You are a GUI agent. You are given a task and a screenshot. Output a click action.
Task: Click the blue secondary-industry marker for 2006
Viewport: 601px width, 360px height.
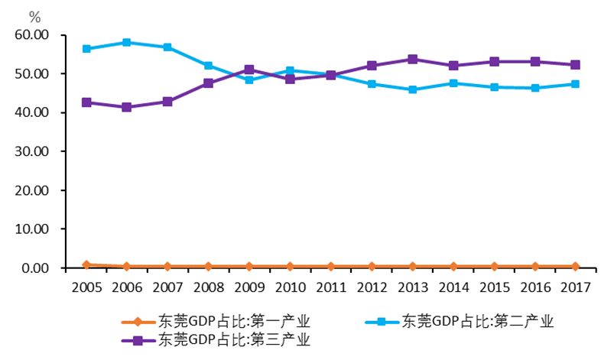[126, 43]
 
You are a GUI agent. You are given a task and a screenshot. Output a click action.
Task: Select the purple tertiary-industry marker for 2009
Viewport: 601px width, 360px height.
[249, 70]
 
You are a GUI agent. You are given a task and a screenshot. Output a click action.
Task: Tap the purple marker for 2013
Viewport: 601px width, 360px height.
[412, 59]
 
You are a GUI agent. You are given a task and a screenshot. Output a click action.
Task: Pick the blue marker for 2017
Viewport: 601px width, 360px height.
[575, 84]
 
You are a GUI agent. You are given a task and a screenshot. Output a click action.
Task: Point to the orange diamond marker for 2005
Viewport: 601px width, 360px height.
[86, 264]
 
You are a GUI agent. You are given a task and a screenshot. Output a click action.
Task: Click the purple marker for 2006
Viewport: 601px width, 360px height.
[126, 107]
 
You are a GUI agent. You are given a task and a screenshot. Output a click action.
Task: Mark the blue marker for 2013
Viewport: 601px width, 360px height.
[412, 89]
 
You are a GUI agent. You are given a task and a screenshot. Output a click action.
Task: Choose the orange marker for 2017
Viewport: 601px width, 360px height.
[575, 267]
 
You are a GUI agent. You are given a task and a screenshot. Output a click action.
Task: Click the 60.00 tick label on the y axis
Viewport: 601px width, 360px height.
[31, 35]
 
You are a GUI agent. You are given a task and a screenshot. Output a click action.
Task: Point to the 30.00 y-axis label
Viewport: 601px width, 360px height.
[31, 151]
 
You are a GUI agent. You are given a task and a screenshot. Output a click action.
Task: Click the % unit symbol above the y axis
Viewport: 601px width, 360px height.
[34, 16]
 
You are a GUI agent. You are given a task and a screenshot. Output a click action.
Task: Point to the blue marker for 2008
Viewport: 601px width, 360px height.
[208, 66]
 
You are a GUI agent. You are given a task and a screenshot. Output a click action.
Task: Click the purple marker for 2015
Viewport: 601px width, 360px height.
[494, 61]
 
